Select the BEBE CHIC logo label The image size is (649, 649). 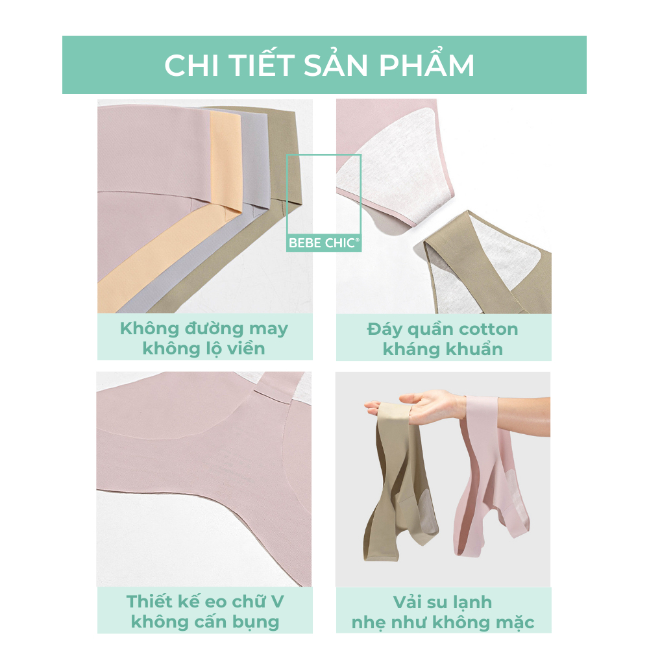(324, 243)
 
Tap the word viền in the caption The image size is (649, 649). (246, 349)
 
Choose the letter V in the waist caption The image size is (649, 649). (277, 602)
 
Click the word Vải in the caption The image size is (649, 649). (408, 602)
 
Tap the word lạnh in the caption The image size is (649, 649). (471, 603)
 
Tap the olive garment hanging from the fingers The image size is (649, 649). (397, 480)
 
